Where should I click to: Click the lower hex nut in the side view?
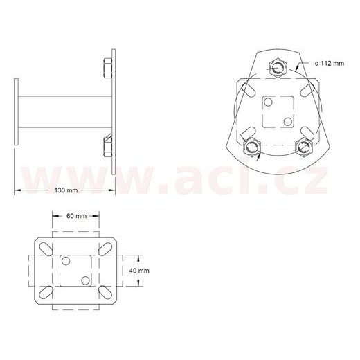click(x=107, y=147)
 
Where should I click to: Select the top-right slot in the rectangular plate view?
click(x=107, y=247)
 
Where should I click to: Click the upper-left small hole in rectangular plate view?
click(x=66, y=262)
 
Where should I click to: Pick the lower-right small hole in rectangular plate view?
click(x=85, y=280)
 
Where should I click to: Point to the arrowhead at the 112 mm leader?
click(x=296, y=67)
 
